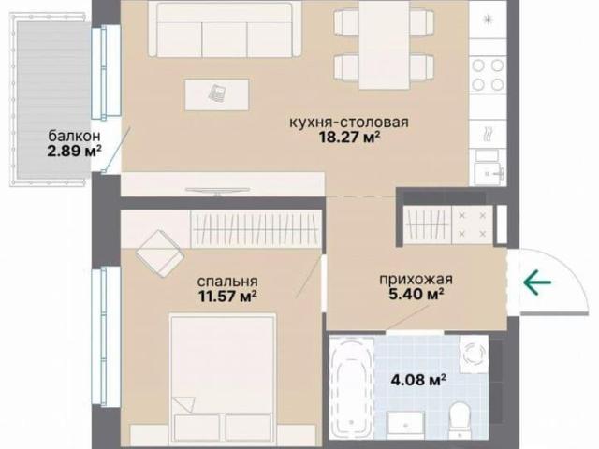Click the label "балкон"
[75, 136]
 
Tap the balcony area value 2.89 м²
[75, 151]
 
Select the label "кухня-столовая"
[349, 123]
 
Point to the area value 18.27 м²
[349, 137]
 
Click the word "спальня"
[227, 282]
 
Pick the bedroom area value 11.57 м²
[227, 296]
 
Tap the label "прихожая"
[416, 279]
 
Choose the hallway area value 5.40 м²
[416, 294]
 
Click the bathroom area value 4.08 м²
[418, 380]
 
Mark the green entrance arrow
[537, 282]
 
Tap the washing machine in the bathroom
[475, 354]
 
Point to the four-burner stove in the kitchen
[488, 75]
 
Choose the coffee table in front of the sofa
[217, 94]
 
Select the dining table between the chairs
[385, 45]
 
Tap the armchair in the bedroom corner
[159, 253]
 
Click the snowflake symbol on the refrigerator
[488, 20]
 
